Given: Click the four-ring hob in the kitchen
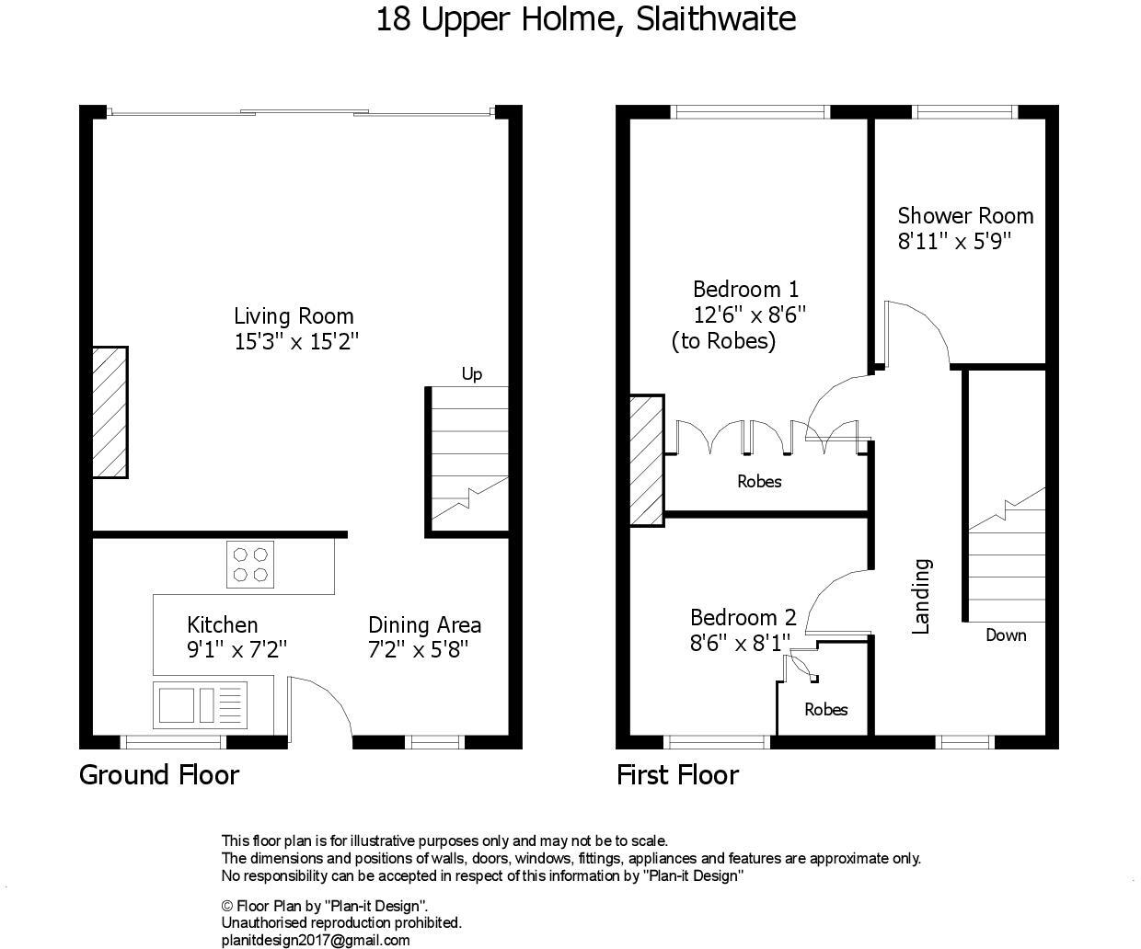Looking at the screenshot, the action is [250, 565].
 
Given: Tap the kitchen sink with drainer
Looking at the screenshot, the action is [200, 705].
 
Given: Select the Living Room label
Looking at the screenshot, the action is [294, 316].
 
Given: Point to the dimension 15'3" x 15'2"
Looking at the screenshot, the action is [296, 342].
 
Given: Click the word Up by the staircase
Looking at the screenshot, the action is [472, 374].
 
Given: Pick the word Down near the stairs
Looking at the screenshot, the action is [1006, 635].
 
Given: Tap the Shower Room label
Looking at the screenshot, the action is [965, 216].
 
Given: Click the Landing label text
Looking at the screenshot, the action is [921, 596].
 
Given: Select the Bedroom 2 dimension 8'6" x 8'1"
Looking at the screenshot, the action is [741, 643].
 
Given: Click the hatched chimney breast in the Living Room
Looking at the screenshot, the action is [109, 412].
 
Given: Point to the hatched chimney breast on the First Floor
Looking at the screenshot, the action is [647, 461].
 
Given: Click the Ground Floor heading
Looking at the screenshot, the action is [159, 775].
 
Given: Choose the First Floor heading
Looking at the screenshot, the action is [677, 775].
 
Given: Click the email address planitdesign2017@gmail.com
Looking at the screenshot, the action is [316, 940].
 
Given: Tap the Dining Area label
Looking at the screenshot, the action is [424, 625].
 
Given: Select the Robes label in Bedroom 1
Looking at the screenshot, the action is [759, 482].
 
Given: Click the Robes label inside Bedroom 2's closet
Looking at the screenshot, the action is [825, 709].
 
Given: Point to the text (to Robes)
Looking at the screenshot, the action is [723, 341].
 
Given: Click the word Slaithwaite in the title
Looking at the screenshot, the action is [716, 19].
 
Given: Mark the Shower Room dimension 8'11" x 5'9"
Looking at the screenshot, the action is [954, 241].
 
